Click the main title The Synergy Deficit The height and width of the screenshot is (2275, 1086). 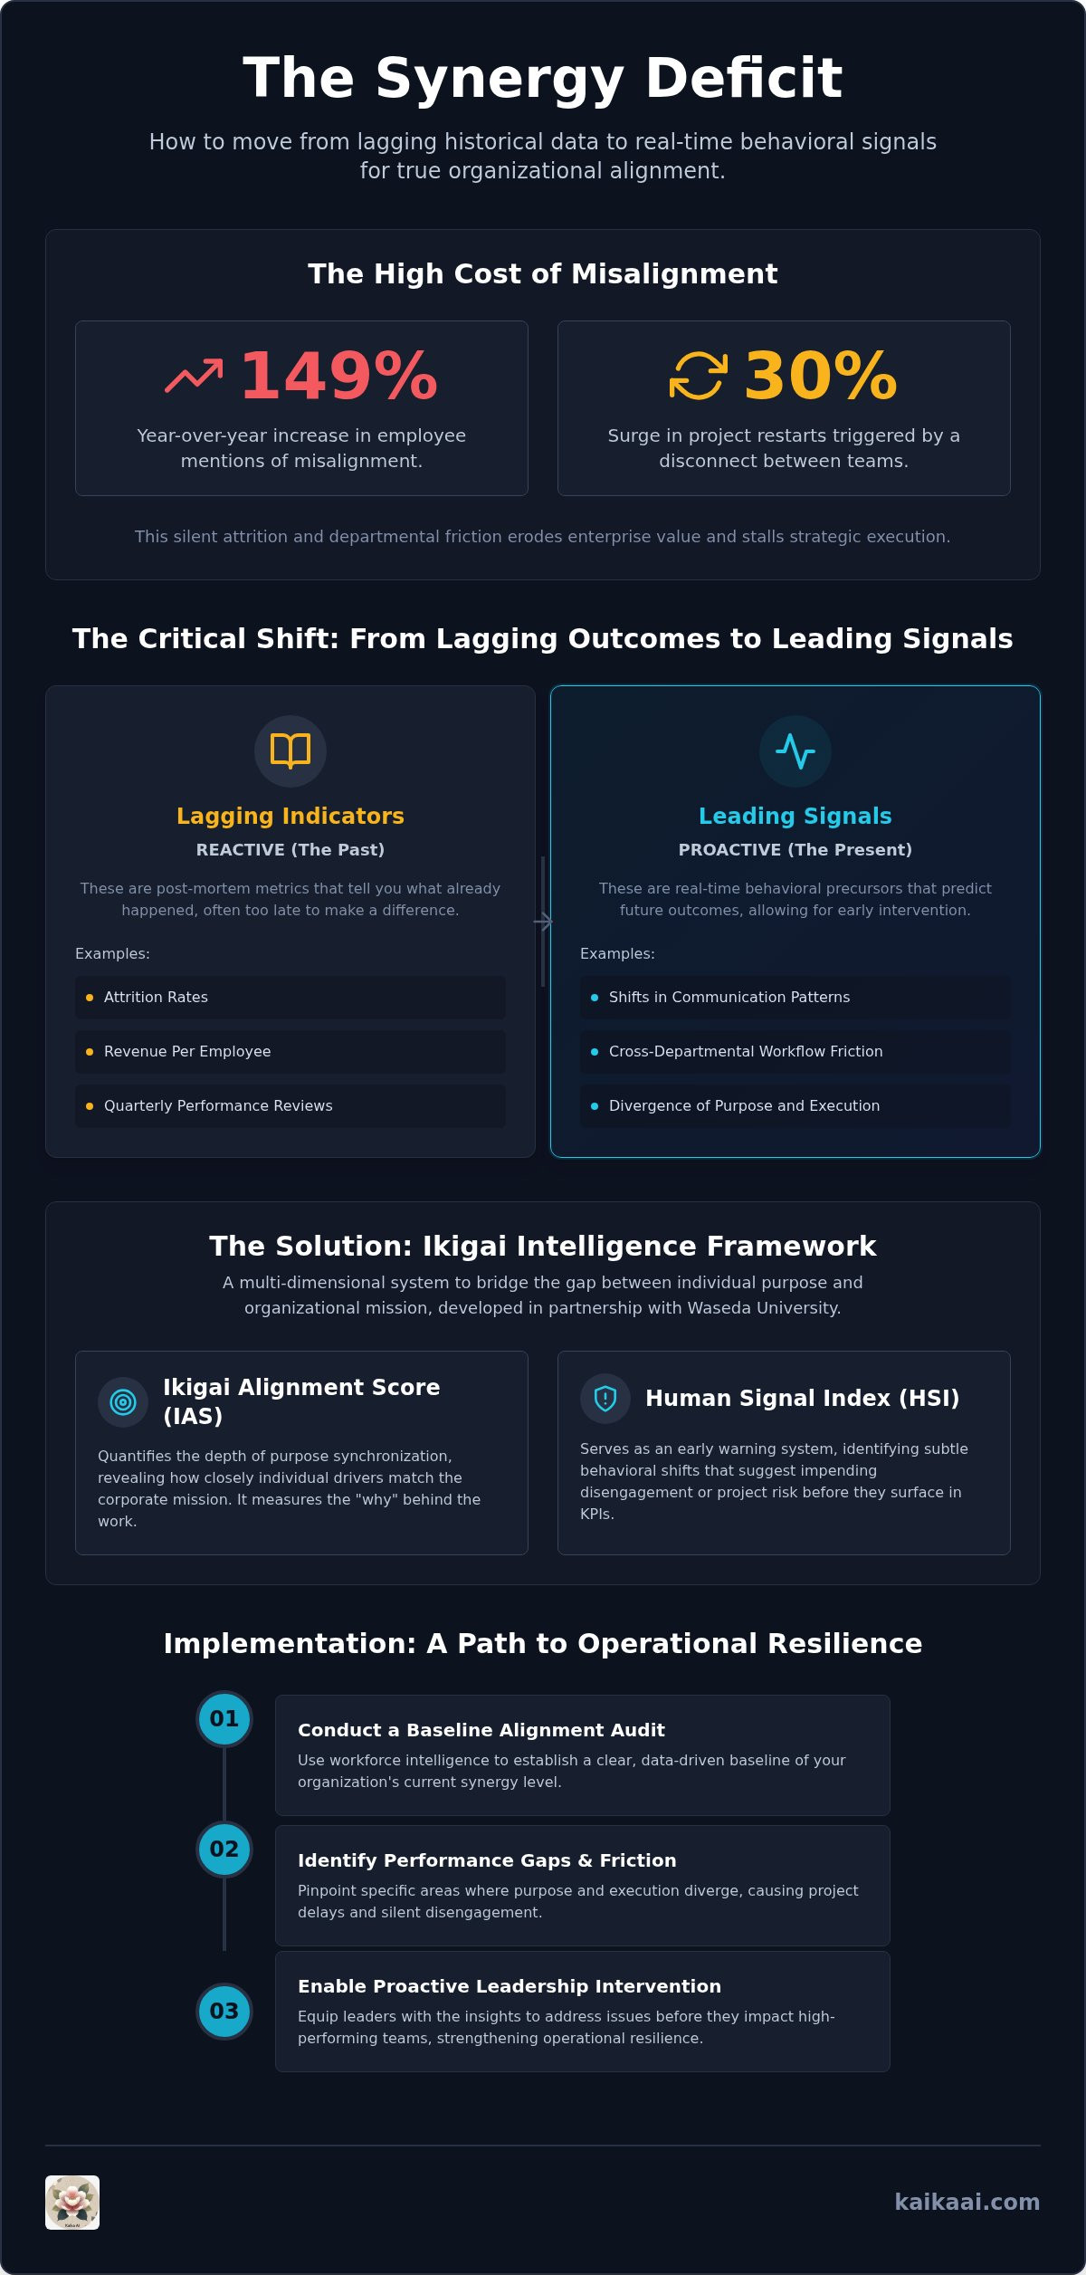click(x=543, y=78)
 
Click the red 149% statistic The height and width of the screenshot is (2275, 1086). click(x=339, y=376)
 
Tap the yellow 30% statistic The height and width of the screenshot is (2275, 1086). click(x=821, y=376)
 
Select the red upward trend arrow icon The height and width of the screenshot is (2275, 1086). click(x=194, y=376)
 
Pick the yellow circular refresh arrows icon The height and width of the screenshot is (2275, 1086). click(x=698, y=375)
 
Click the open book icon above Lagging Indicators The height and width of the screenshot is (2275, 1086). click(x=291, y=750)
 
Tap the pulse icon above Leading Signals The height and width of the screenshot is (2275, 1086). click(x=795, y=750)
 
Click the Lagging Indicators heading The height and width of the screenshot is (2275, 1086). click(x=291, y=816)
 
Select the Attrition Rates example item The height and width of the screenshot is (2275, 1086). click(x=291, y=997)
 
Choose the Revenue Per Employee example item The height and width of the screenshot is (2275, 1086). click(x=291, y=1051)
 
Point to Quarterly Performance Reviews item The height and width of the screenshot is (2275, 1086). click(x=291, y=1105)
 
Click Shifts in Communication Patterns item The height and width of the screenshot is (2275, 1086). click(x=795, y=997)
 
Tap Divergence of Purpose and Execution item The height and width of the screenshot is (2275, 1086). click(x=795, y=1105)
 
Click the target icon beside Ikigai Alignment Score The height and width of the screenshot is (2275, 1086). click(x=123, y=1402)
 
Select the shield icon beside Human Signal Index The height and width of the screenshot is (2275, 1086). click(x=605, y=1399)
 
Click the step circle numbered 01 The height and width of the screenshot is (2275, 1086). click(x=224, y=1718)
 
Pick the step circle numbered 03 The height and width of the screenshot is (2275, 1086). click(x=224, y=2011)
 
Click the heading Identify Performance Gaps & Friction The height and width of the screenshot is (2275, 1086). click(x=487, y=1860)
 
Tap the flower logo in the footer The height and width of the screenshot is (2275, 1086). click(x=72, y=2203)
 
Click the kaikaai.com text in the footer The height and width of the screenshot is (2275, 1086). click(x=967, y=2203)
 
